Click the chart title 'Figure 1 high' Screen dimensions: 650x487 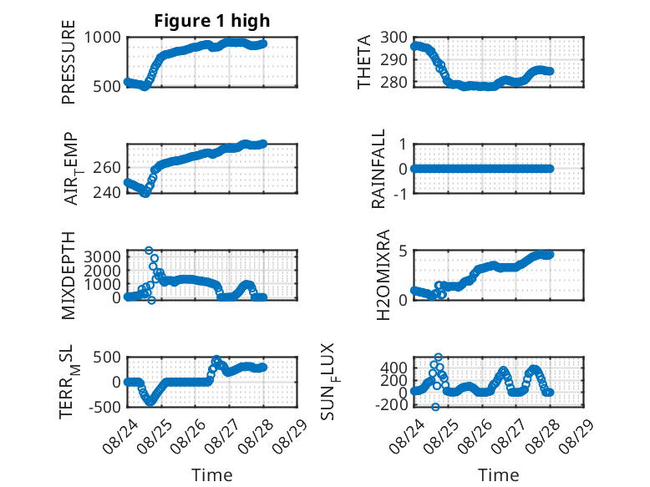tap(212, 21)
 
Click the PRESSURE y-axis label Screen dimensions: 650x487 tap(69, 62)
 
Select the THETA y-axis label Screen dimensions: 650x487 tap(364, 62)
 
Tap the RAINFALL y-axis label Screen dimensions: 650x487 tap(378, 169)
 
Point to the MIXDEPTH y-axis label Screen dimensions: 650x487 tap(69, 276)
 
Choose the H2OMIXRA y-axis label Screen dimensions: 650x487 tap(383, 275)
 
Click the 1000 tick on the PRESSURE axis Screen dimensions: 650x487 tap(103, 38)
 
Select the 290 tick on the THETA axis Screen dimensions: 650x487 tap(394, 60)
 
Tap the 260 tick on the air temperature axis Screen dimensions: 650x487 tap(107, 168)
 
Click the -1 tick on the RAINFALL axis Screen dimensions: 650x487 tap(400, 194)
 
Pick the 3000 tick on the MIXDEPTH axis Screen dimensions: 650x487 tap(103, 256)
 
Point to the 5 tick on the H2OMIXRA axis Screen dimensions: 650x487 tap(404, 251)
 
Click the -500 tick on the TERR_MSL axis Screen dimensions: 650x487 tap(105, 407)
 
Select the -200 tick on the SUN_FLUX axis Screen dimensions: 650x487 tap(392, 405)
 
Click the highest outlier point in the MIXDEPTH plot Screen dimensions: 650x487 tap(149, 251)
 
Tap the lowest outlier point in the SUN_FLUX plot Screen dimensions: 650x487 tap(435, 407)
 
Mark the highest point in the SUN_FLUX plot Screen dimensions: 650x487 tap(438, 357)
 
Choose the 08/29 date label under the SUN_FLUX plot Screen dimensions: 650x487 tap(576, 436)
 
